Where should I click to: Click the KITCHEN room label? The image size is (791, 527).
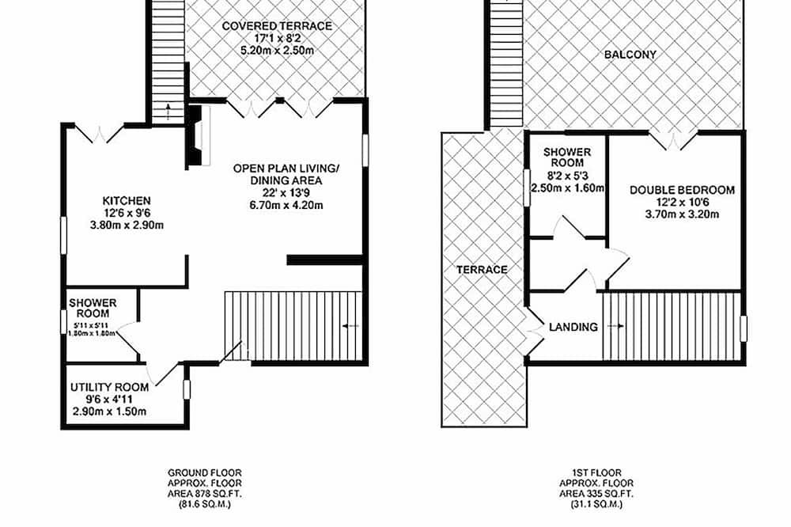(x=127, y=201)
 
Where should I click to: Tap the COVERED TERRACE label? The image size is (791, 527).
(x=277, y=26)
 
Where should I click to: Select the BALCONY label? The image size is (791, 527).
(x=630, y=55)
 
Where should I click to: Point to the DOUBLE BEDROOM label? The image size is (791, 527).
(x=682, y=190)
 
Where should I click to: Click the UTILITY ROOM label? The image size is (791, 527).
(x=109, y=387)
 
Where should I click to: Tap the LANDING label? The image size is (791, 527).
(x=573, y=327)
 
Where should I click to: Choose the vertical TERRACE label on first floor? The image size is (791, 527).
(x=482, y=270)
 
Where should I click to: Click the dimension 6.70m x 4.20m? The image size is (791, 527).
(x=286, y=206)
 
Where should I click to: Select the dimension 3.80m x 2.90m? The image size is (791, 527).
(x=127, y=226)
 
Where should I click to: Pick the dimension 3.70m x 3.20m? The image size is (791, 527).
(x=682, y=214)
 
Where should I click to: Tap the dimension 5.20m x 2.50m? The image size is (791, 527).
(x=277, y=51)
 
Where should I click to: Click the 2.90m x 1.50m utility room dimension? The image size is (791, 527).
(x=109, y=411)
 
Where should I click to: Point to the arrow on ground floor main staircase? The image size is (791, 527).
(x=350, y=327)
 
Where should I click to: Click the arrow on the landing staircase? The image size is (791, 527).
(x=615, y=327)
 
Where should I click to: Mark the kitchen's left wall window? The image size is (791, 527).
(x=63, y=235)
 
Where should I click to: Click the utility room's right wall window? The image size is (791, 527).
(x=187, y=389)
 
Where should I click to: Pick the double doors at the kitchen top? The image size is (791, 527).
(x=100, y=133)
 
